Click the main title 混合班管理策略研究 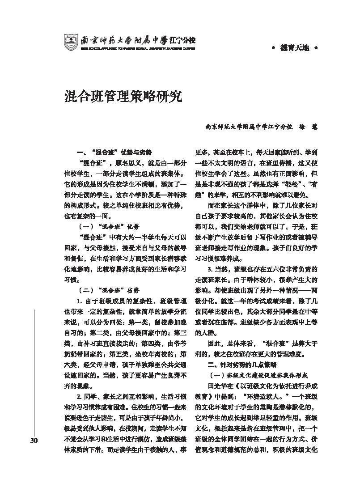pos(123,96)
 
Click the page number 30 pos(34,441)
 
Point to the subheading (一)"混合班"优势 pos(106,226)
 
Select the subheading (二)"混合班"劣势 pos(106,289)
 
